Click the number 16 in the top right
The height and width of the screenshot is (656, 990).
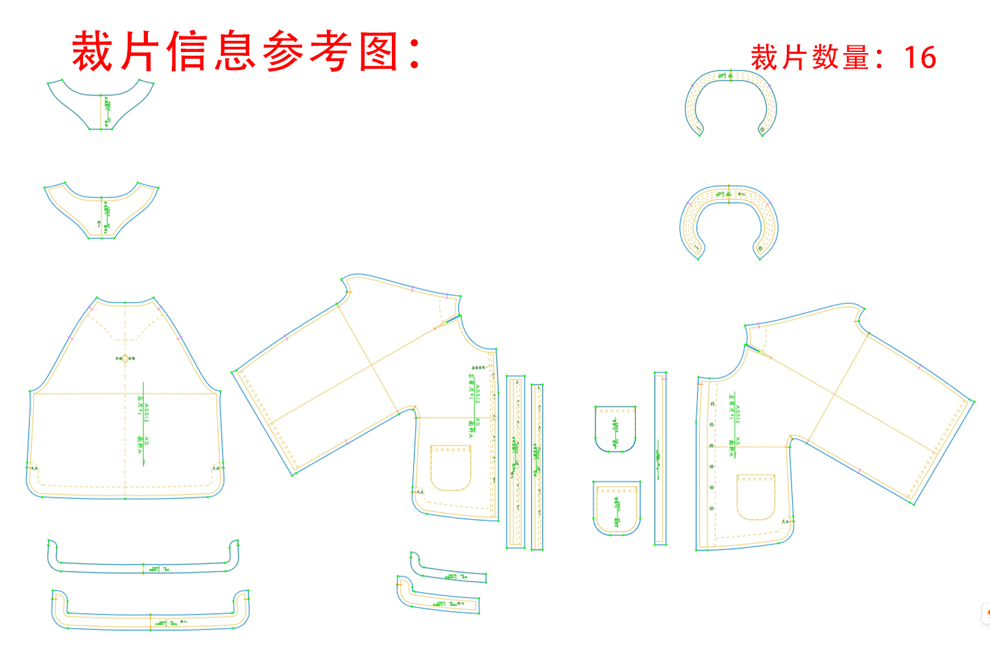click(920, 58)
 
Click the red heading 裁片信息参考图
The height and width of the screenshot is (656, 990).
click(247, 51)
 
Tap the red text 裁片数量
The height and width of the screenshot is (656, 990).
click(810, 58)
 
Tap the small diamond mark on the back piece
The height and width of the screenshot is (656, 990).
click(126, 358)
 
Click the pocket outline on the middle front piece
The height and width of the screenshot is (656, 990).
click(450, 468)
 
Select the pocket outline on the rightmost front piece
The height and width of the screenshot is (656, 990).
click(756, 497)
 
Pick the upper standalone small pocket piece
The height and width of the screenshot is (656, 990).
click(615, 428)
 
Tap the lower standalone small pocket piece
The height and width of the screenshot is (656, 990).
click(616, 508)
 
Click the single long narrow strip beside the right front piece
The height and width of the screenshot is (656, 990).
click(660, 459)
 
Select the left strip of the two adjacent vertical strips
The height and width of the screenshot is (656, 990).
click(516, 461)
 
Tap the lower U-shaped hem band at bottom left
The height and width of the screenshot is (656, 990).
click(150, 620)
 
